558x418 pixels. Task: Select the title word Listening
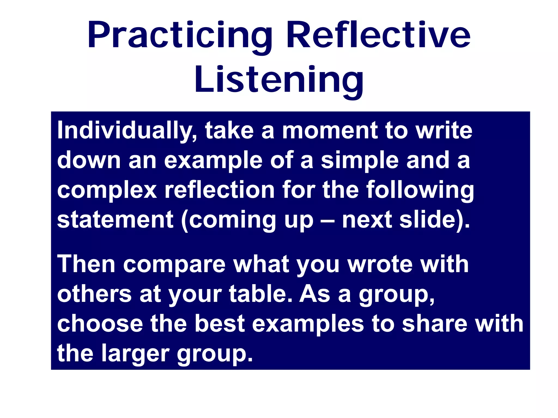point(279,80)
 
